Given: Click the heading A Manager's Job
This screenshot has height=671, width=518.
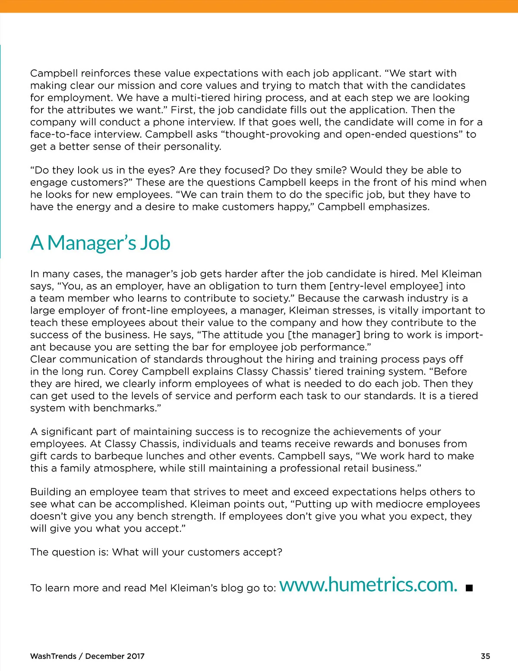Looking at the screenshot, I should [100, 243].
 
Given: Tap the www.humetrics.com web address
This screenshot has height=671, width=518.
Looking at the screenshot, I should [368, 585].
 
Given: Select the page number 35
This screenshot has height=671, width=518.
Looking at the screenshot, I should [485, 656].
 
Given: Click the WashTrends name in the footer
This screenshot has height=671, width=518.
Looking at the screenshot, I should [53, 656].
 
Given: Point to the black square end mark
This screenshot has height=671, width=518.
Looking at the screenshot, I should [469, 588].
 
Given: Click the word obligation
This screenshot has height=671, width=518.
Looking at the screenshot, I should [239, 286].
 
